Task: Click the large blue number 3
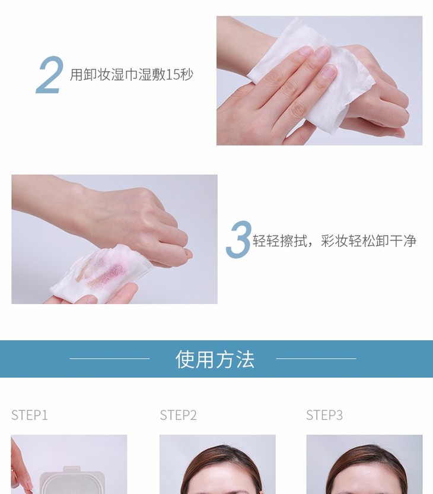pos(239,239)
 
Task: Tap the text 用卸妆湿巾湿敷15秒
pos(131,75)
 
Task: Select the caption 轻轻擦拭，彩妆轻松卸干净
pos(335,240)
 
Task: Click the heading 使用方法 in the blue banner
pos(215,359)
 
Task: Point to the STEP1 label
pos(30,415)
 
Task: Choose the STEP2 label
pos(178,415)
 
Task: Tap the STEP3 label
pos(324,415)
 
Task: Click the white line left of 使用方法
pos(110,359)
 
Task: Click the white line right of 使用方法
pos(316,359)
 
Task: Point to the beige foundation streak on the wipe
pos(84,270)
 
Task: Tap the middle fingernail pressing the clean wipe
pos(321,52)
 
